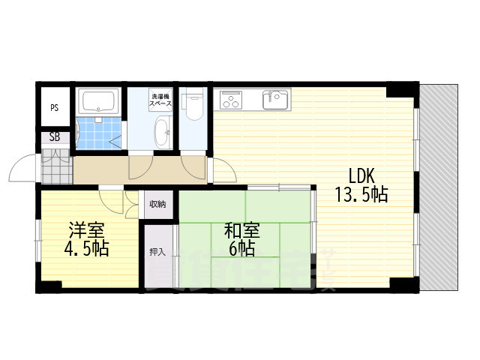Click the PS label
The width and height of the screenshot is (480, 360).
(x=55, y=108)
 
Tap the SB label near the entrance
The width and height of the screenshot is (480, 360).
(x=55, y=137)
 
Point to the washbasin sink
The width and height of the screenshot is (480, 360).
(x=163, y=135)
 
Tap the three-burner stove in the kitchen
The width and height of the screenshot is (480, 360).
(x=232, y=100)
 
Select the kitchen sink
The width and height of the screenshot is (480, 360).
(x=274, y=98)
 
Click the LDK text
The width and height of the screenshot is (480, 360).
(x=361, y=175)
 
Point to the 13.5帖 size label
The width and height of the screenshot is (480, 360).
(x=361, y=196)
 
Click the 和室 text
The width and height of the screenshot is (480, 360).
(x=239, y=229)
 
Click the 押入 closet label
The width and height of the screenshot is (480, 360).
(x=157, y=251)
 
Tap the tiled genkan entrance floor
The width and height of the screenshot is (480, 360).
(x=55, y=167)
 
